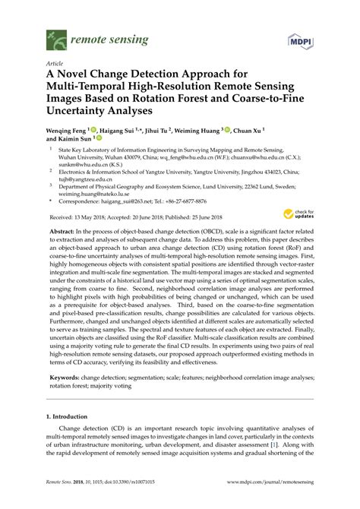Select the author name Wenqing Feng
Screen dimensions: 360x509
click(64, 131)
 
